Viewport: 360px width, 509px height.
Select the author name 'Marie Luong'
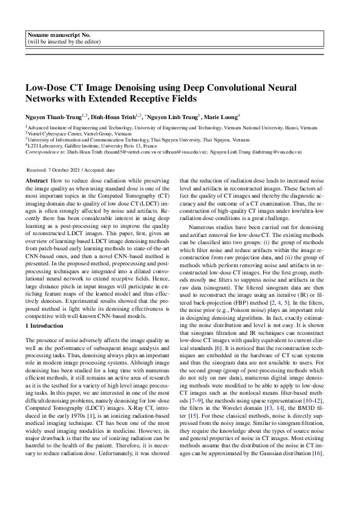tap(221, 116)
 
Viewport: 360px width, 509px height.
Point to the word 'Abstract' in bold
tap(37, 181)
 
